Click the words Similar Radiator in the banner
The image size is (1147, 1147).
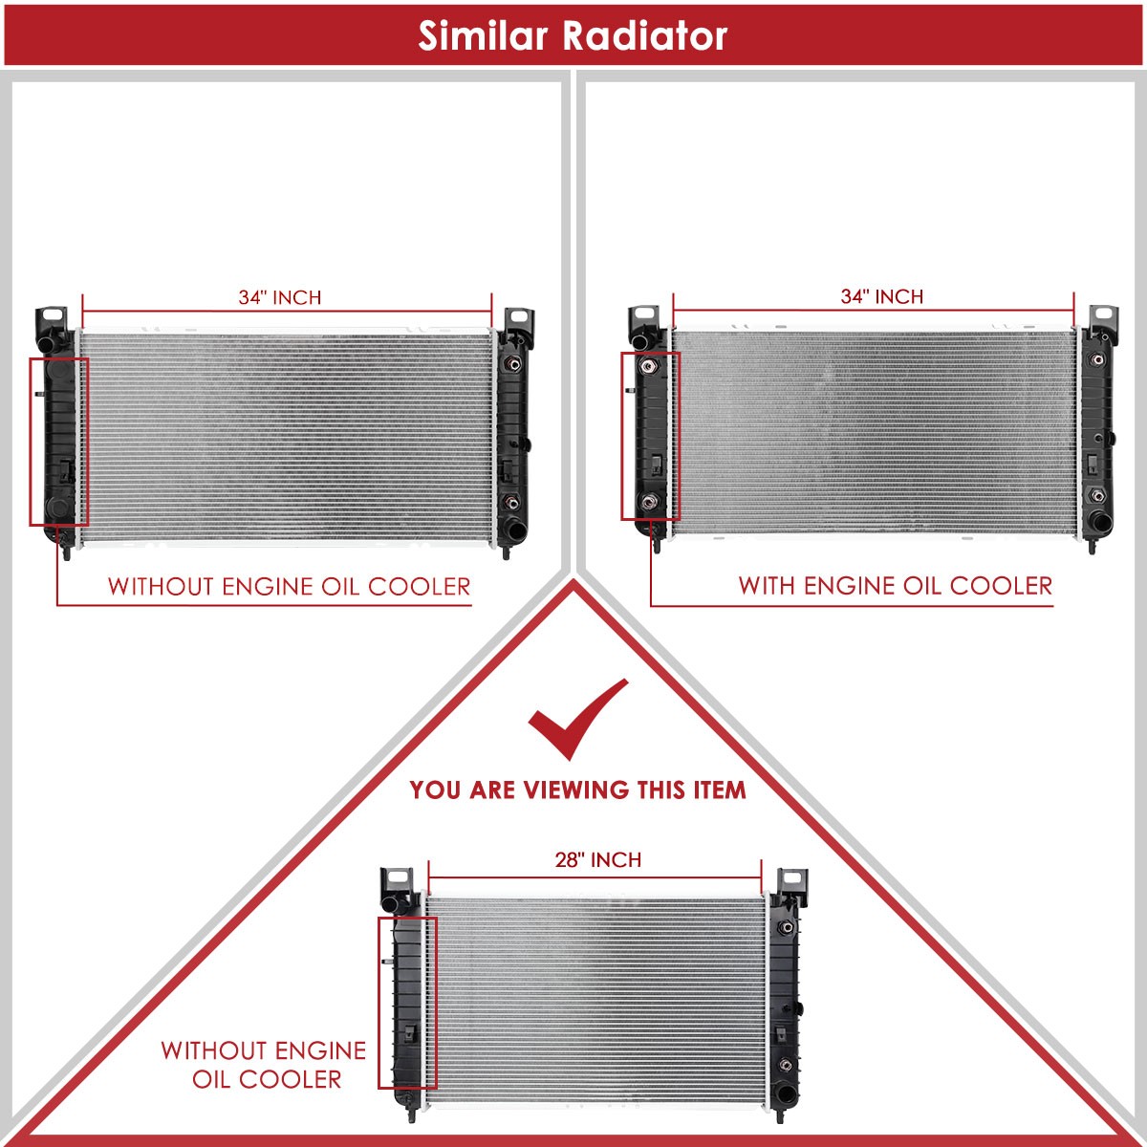(573, 35)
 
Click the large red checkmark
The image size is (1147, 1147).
(578, 719)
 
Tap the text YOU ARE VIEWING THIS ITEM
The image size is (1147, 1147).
(577, 790)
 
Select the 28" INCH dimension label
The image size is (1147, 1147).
(598, 859)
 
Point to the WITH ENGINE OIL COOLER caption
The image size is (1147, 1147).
(896, 586)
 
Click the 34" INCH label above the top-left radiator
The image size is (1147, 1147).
(280, 297)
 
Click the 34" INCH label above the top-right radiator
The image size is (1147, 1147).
(881, 295)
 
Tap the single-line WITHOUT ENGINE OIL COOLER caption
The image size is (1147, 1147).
(289, 587)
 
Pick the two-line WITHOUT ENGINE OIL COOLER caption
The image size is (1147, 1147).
(264, 1065)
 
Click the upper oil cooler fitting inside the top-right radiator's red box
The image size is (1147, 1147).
(648, 365)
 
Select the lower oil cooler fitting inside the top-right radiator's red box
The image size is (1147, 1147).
(648, 501)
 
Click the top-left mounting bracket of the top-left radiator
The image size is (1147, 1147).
(52, 320)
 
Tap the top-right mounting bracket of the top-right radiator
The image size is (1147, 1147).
(1103, 319)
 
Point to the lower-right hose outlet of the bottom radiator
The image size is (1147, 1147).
(786, 1093)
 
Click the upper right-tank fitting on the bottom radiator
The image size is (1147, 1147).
(787, 927)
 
